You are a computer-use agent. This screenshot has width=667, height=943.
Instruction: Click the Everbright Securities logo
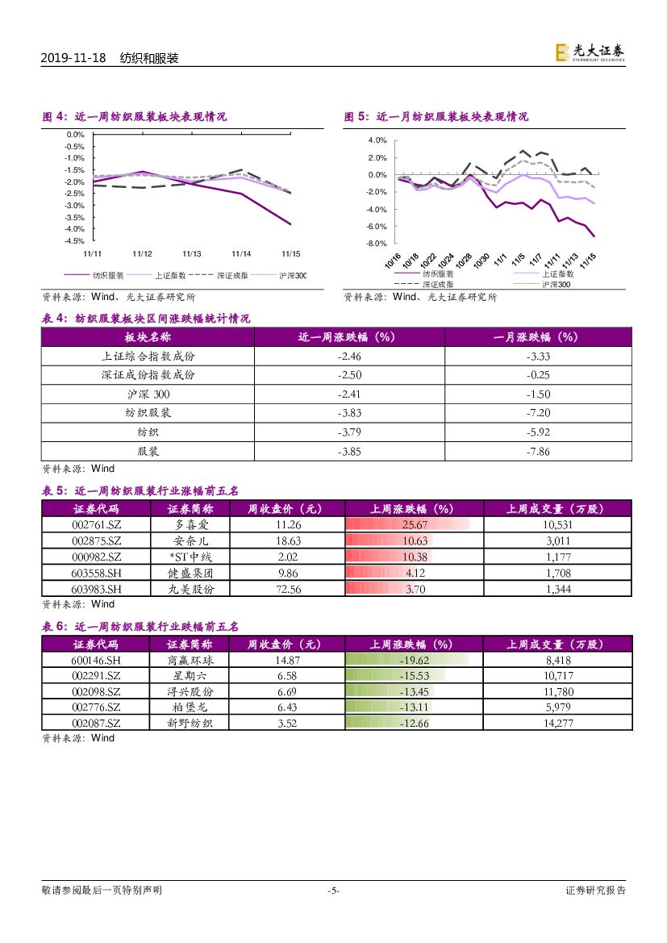(x=590, y=52)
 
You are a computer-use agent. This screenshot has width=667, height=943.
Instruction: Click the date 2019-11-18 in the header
(x=73, y=59)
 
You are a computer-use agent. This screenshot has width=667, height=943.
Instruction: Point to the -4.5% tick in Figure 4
(x=75, y=240)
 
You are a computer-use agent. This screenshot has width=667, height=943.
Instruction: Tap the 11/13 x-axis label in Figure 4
(x=192, y=253)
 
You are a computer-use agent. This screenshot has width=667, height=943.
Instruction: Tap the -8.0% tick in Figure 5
(x=377, y=243)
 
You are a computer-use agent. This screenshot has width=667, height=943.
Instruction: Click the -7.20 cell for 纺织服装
(x=538, y=412)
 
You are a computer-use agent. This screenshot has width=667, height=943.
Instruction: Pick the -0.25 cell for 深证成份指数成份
(x=538, y=375)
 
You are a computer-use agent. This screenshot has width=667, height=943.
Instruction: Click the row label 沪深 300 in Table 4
(x=148, y=394)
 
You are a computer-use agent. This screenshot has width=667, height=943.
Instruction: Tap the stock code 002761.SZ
(x=96, y=524)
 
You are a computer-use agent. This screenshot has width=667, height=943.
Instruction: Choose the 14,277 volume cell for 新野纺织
(x=558, y=724)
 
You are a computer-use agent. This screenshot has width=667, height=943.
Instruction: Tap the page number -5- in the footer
(x=333, y=891)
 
